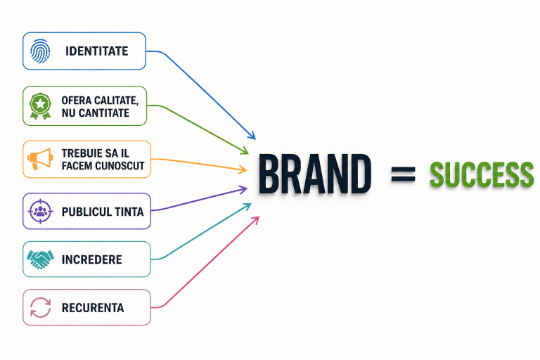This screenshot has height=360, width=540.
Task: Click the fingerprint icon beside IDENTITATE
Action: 40,51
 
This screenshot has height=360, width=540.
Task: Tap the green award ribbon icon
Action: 40,106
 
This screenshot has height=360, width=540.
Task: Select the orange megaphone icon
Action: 40,159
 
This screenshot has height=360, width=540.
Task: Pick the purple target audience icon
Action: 40,211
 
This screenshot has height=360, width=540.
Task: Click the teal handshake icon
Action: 40,259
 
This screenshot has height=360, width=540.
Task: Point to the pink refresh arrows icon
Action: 40,307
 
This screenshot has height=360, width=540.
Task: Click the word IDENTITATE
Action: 97,51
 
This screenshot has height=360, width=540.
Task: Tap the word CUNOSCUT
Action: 120,166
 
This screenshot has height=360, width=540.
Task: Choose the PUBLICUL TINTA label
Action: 103,212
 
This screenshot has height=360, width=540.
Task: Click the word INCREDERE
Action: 91,259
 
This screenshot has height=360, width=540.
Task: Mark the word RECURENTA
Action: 93,308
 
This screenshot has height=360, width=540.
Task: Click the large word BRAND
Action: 315,174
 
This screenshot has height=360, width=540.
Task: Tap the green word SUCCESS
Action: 482,174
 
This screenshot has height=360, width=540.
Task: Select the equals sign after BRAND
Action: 404,174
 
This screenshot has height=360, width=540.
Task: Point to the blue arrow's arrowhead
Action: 252,136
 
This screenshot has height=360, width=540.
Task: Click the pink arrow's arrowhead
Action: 255,220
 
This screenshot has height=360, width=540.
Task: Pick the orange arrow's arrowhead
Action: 243,169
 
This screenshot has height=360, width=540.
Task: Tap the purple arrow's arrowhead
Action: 244,189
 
